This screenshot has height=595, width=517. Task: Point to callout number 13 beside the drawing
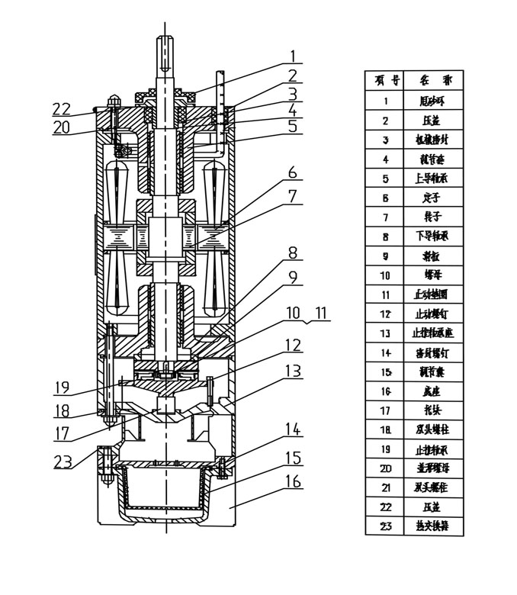point(292,370)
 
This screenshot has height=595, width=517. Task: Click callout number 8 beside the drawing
point(291,252)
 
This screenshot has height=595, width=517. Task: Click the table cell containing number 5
point(386,179)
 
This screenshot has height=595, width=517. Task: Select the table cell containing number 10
point(386,276)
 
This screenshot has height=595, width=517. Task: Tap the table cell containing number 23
point(386,525)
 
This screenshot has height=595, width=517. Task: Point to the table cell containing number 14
point(386,353)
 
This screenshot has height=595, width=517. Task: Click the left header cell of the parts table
point(386,80)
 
